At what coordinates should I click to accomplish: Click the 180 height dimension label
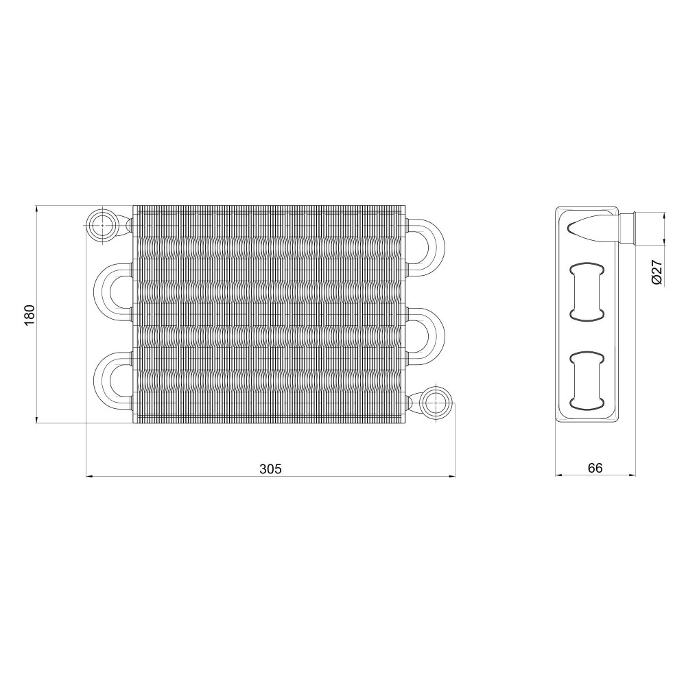click(x=29, y=314)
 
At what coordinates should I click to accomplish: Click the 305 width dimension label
click(x=271, y=469)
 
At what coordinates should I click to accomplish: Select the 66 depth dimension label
click(x=595, y=468)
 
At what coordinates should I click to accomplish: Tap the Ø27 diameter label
click(x=657, y=272)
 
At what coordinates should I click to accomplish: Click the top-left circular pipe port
click(x=102, y=225)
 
